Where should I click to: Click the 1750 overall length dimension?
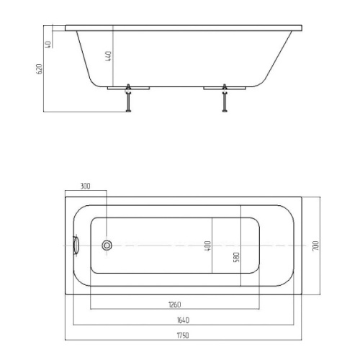[x=183, y=335]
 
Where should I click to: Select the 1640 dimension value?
[x=183, y=320]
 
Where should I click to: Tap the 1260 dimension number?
[x=175, y=305]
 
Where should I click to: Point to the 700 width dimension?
[x=315, y=246]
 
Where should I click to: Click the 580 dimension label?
[x=236, y=257]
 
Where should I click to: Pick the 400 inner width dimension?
[x=207, y=246]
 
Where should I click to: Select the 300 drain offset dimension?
[x=85, y=186]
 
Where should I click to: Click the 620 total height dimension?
[x=40, y=69]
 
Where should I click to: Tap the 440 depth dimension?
[x=109, y=56]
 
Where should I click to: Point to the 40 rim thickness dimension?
[x=48, y=45]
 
